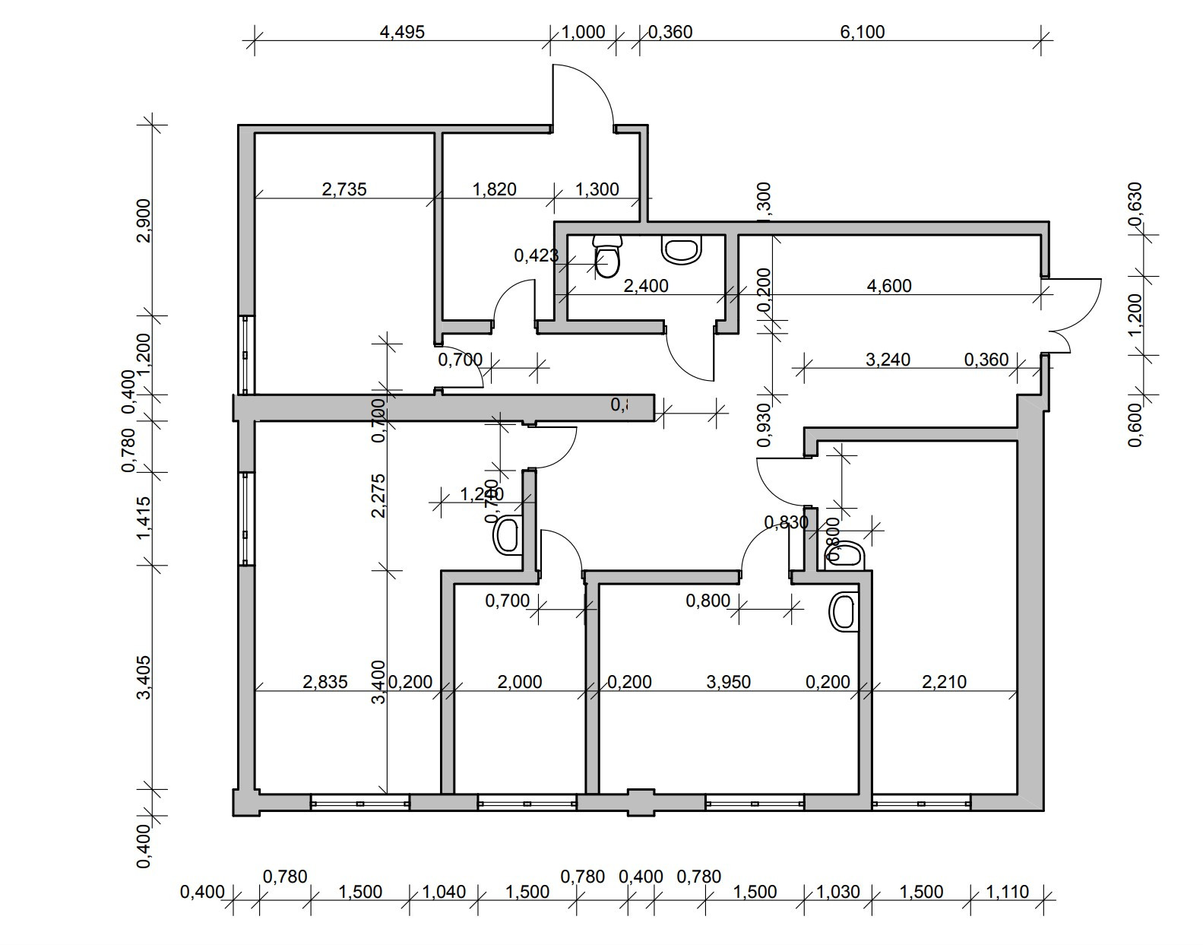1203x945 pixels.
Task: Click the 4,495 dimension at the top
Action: pos(401,32)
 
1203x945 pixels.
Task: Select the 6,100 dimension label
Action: pos(863,32)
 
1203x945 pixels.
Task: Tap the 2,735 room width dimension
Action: pos(344,189)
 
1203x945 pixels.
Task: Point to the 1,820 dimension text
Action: pos(495,189)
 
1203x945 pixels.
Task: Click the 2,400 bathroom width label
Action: pos(646,286)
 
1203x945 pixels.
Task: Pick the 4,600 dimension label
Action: pos(889,286)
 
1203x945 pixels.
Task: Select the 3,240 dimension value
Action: pos(888,359)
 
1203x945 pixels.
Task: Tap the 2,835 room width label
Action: pos(325,682)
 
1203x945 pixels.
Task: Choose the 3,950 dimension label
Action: pos(729,682)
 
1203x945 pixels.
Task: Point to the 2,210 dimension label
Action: pos(945,682)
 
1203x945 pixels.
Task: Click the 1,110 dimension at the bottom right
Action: pos(1008,892)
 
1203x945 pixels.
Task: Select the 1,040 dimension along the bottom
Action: pos(444,892)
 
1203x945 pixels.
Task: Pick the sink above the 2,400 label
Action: pos(682,249)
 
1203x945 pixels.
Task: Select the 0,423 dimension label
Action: pos(537,255)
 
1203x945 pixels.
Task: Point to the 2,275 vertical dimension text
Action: pos(379,496)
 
